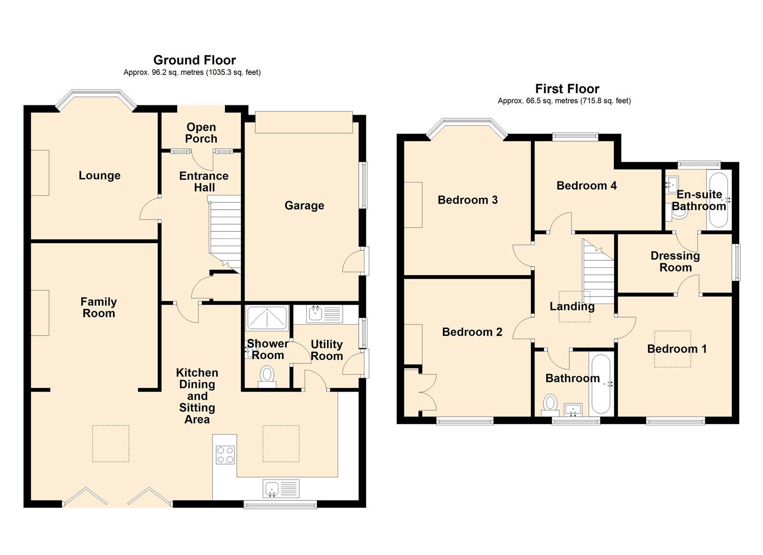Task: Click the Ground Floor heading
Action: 194,60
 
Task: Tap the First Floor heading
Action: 567,89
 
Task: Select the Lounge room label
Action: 99,176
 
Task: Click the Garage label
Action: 304,206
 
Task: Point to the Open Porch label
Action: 201,133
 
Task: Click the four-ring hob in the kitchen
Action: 225,454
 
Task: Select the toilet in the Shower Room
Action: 267,374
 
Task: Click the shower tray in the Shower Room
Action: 267,318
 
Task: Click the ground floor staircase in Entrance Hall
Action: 225,231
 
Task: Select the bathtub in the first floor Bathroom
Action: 600,384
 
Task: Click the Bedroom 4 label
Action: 586,186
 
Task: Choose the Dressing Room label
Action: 675,262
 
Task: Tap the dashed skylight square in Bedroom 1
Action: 672,349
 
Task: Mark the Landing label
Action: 572,307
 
